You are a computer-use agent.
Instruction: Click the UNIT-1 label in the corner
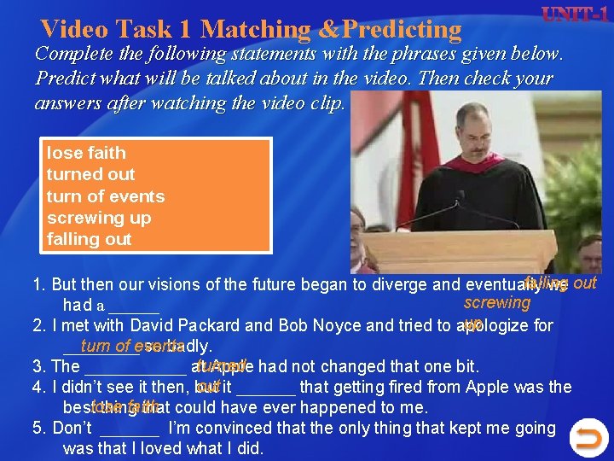point(565,15)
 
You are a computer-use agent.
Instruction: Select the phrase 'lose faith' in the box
point(86,153)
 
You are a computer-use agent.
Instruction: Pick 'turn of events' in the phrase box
point(106,196)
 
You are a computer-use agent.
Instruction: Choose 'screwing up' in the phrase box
point(99,218)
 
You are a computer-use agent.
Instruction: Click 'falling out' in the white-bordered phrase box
point(89,240)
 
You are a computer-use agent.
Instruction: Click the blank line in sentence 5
point(130,428)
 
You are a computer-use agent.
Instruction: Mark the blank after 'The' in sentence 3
point(136,367)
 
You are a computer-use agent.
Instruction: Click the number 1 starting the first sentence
point(37,284)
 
